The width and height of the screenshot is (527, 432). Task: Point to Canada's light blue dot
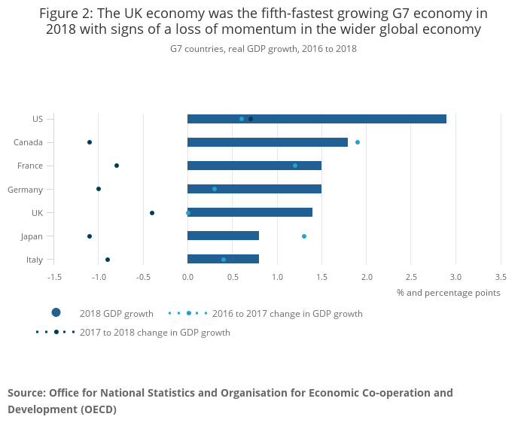coord(358,142)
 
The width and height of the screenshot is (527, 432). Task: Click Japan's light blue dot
coord(304,236)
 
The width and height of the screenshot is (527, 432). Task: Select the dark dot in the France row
coord(117,166)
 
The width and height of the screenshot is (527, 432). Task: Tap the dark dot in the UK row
coord(152,213)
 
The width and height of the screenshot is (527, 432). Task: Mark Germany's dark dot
coord(99,189)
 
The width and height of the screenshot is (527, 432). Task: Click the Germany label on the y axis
coord(25,190)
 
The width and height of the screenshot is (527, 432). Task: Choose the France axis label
coord(29,166)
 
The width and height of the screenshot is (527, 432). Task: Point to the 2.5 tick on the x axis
coord(411,276)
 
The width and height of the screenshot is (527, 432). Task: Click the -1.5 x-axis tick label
coord(54,276)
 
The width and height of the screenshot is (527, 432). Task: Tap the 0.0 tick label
coord(187,276)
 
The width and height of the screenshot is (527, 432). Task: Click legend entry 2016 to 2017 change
coord(287,314)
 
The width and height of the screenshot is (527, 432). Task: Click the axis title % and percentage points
coord(448,293)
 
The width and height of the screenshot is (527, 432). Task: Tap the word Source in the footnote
coord(26,393)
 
